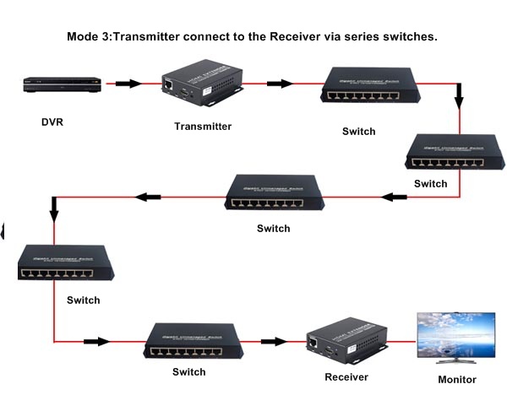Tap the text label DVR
click(52, 122)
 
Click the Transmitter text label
click(203, 127)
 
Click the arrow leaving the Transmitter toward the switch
click(279, 84)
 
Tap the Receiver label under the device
click(347, 376)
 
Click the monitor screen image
click(456, 338)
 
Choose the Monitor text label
click(457, 380)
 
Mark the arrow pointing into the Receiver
click(273, 342)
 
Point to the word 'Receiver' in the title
click(303, 37)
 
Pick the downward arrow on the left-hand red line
click(54, 205)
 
